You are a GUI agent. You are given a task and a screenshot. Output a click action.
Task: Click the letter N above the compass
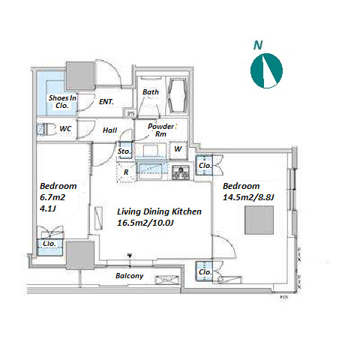coord(258,45)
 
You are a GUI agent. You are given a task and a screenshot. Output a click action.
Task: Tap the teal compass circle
coord(266,70)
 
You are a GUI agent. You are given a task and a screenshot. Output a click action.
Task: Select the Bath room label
coord(151,92)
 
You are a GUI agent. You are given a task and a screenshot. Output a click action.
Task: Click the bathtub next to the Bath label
coord(178,96)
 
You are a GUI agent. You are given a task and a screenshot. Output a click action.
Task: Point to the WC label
coord(65,129)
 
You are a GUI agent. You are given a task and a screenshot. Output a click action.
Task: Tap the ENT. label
coord(106,102)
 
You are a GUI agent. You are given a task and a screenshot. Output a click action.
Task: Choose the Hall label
coord(109,130)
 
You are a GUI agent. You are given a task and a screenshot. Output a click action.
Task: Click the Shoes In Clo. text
coord(62,101)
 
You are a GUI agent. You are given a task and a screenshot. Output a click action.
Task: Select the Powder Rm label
coord(161,130)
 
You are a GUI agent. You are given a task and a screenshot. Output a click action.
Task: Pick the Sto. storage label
coord(124,151)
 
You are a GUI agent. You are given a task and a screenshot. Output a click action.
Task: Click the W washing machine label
coord(178,148)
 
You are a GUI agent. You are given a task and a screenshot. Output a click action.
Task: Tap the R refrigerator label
coord(126,172)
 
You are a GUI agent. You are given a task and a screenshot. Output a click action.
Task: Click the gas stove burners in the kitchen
coord(181,172)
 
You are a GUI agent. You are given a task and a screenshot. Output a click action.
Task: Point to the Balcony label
coord(129,276)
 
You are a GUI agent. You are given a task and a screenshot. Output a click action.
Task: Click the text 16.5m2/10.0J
coord(145,223)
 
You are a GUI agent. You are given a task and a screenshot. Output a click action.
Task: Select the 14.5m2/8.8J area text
coord(248,197)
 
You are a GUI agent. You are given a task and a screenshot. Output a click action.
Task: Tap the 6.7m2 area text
coord(52,197)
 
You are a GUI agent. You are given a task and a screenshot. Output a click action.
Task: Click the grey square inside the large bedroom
coord(259,220)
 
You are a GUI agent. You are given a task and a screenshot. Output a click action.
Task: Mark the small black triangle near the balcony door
coord(130,256)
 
